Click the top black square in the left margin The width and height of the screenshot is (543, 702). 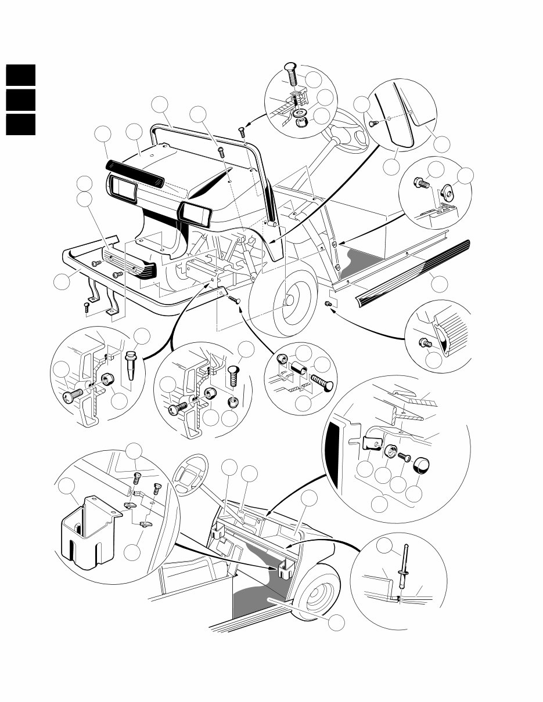pos(21,75)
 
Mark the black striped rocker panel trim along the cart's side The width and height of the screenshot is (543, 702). pos(412,277)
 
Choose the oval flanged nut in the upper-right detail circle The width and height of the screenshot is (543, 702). pos(448,190)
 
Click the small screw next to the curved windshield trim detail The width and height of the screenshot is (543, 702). pos(374,123)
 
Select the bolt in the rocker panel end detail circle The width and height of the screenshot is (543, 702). pos(425,343)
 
